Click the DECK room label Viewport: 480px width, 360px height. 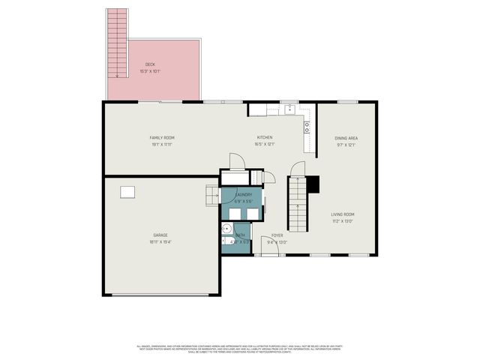point(150,64)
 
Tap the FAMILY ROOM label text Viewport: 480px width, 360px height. point(162,138)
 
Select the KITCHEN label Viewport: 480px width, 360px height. point(265,138)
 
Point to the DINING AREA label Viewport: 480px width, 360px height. point(346,138)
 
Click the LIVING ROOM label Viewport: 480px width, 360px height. point(343,214)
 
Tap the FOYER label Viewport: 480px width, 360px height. point(277,235)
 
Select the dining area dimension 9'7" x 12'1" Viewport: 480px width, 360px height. point(346,145)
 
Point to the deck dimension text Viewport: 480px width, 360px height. point(150,71)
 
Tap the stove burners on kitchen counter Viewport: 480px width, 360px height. point(307,127)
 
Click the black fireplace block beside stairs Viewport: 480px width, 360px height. point(314,184)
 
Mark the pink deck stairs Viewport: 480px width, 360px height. point(116,43)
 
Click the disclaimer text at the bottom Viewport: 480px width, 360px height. point(240,349)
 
